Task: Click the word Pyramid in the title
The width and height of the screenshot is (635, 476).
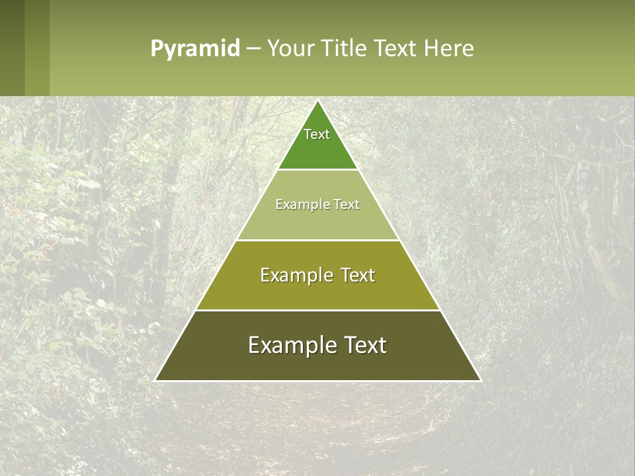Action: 194,49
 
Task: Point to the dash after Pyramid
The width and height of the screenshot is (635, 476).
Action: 253,49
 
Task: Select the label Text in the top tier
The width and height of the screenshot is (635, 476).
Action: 317,134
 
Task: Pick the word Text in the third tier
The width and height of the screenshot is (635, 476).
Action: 357,275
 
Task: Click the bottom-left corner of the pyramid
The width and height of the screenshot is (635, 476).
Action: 156,380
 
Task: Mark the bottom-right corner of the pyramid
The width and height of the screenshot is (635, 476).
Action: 480,380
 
